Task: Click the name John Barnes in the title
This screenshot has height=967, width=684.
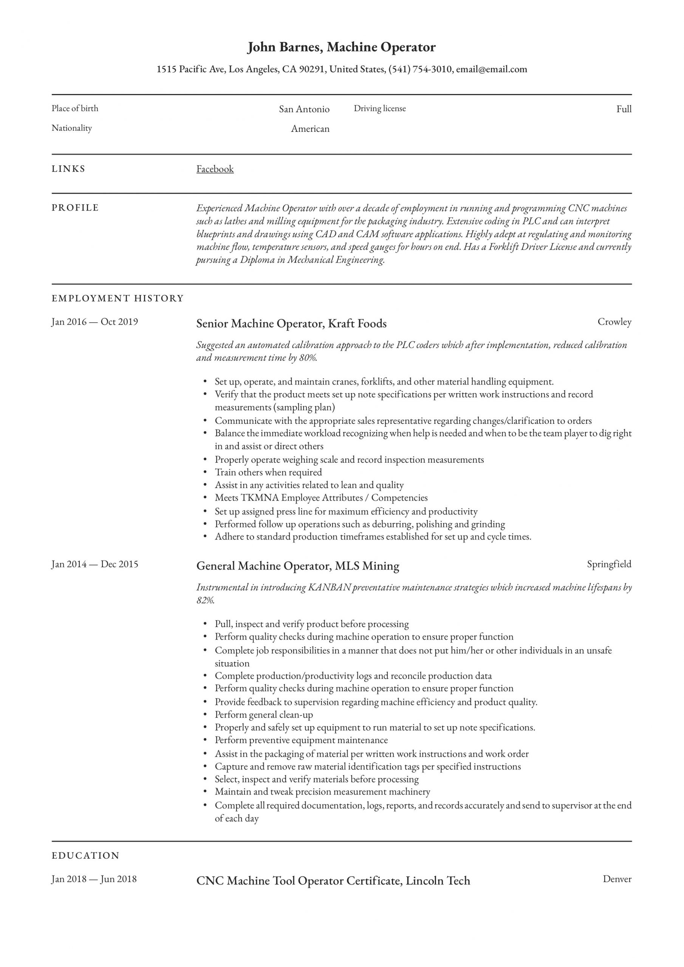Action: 285,47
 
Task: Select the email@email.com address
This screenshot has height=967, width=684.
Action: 491,69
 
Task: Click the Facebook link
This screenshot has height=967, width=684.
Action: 215,169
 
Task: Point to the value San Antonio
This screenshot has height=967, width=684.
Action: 304,109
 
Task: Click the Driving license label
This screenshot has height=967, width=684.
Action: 379,109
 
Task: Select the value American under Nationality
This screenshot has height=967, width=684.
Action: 310,129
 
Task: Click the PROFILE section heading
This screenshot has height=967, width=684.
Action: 75,208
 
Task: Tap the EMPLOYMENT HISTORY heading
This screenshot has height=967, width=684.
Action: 118,298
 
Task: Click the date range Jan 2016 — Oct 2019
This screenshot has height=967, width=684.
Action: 95,322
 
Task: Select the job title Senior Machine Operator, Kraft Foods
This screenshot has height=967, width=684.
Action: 291,323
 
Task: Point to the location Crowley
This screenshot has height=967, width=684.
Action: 614,322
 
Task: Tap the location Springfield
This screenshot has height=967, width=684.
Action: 609,564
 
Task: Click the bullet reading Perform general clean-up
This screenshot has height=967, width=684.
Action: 264,715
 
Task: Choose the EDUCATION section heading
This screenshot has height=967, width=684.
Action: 85,856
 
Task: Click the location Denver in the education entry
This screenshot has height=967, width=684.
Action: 617,879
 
